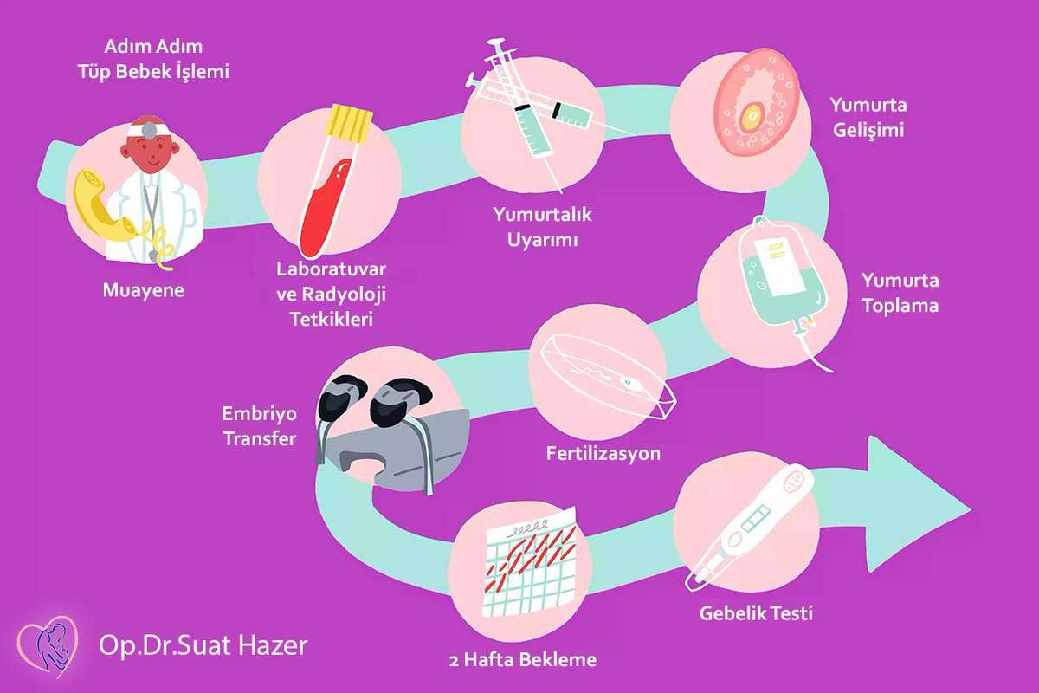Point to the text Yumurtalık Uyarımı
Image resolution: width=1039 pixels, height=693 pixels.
[x=542, y=226]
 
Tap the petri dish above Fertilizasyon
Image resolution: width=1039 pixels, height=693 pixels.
[x=606, y=372]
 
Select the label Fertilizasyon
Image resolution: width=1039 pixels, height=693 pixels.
[x=603, y=453]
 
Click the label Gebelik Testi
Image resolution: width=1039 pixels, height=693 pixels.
[x=757, y=613]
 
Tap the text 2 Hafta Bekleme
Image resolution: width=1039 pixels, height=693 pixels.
[x=523, y=660]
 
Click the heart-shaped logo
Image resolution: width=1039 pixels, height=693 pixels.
[x=47, y=645]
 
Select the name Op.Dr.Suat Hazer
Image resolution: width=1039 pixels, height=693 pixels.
[x=203, y=645]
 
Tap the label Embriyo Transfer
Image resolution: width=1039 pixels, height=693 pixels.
[x=260, y=425]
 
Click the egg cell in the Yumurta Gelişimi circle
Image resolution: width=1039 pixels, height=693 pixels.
[x=752, y=113]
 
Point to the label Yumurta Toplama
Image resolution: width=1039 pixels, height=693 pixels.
[x=900, y=293]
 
